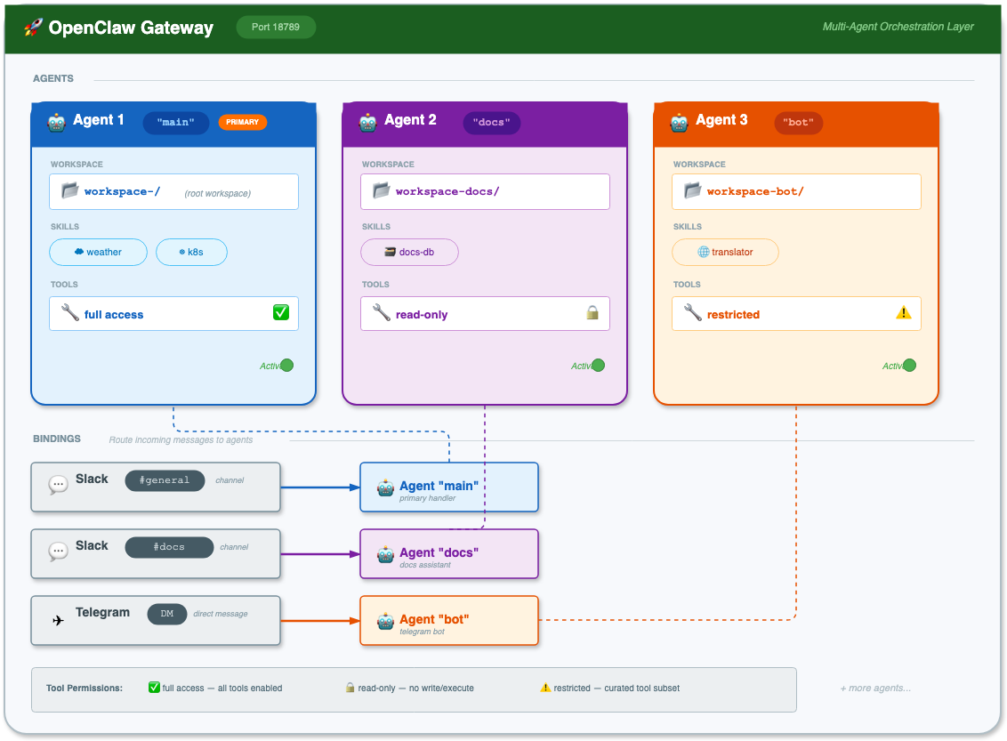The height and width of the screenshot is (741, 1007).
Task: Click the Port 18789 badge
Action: pos(276,27)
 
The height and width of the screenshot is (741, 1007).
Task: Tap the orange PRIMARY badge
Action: pos(242,122)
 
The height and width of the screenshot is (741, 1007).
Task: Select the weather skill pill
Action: pos(98,253)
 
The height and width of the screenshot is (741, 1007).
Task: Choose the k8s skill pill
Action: pos(191,253)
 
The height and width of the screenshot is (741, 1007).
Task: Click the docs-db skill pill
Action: pos(410,253)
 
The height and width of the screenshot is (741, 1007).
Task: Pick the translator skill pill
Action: pos(725,253)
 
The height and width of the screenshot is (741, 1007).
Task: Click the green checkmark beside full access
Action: pos(280,313)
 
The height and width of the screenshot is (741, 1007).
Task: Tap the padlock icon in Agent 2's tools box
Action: pos(592,313)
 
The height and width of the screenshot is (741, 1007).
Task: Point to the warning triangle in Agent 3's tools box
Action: pos(904,313)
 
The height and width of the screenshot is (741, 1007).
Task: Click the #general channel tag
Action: pos(165,480)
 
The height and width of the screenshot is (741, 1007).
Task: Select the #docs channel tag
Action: pos(169,547)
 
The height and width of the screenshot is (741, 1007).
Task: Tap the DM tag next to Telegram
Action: pos(167,614)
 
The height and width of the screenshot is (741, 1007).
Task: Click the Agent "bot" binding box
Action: pos(449,621)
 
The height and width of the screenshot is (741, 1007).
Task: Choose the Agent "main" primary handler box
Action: pos(449,487)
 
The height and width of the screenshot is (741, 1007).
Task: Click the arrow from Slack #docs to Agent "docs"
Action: pos(320,554)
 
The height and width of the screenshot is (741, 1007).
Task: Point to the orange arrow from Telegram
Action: pos(320,621)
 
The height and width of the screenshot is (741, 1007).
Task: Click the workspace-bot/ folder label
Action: pos(755,191)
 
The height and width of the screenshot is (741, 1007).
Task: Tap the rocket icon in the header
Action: pos(34,28)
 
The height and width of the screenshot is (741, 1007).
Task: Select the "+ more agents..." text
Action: pos(875,689)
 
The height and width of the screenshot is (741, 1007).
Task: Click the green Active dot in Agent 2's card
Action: pos(598,366)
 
